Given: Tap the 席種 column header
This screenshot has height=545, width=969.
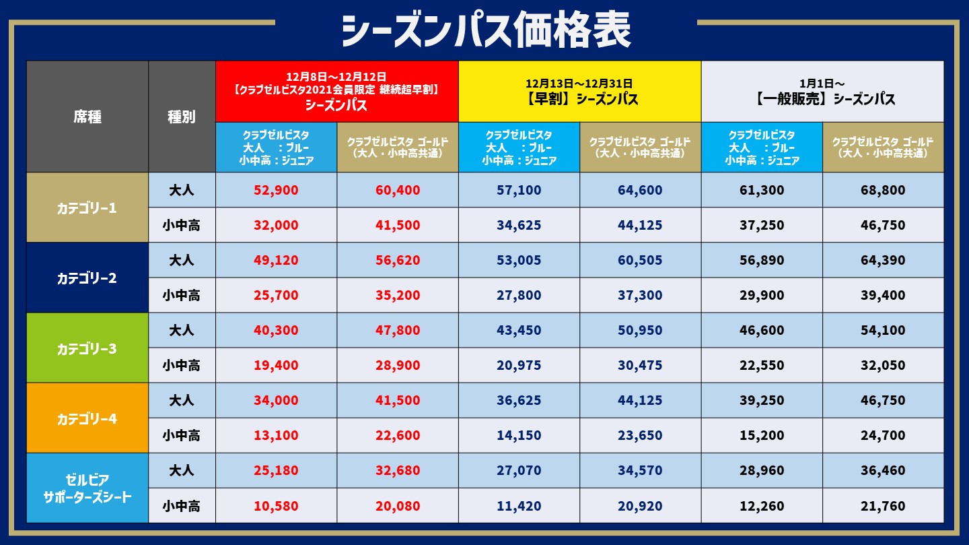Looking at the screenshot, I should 87,117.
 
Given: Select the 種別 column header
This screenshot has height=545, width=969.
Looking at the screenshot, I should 182,117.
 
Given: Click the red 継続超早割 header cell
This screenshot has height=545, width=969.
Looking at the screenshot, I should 336,92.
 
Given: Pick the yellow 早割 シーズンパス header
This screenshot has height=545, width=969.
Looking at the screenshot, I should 579,92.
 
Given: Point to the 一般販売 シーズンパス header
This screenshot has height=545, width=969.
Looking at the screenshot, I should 822,92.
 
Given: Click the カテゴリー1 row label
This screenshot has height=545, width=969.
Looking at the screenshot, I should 87,207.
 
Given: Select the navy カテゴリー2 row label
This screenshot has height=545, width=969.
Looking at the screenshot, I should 87,278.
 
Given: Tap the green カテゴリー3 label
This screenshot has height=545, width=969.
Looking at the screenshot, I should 87,348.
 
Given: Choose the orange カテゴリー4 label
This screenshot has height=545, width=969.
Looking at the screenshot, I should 87,418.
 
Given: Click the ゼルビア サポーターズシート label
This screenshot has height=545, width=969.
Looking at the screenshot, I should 87,488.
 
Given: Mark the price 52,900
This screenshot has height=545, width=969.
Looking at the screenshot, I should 276,190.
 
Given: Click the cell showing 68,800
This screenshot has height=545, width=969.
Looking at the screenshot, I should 882,190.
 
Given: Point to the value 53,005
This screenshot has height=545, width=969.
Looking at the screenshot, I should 519,260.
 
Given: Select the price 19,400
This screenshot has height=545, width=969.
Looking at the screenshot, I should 276,365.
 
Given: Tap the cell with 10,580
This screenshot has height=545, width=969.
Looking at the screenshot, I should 276,505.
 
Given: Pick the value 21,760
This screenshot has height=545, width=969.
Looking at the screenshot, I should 882,505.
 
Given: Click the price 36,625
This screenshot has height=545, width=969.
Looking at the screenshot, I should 519,400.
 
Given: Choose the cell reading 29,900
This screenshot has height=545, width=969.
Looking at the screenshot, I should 762,295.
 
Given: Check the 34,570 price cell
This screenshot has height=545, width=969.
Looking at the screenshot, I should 640,470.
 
